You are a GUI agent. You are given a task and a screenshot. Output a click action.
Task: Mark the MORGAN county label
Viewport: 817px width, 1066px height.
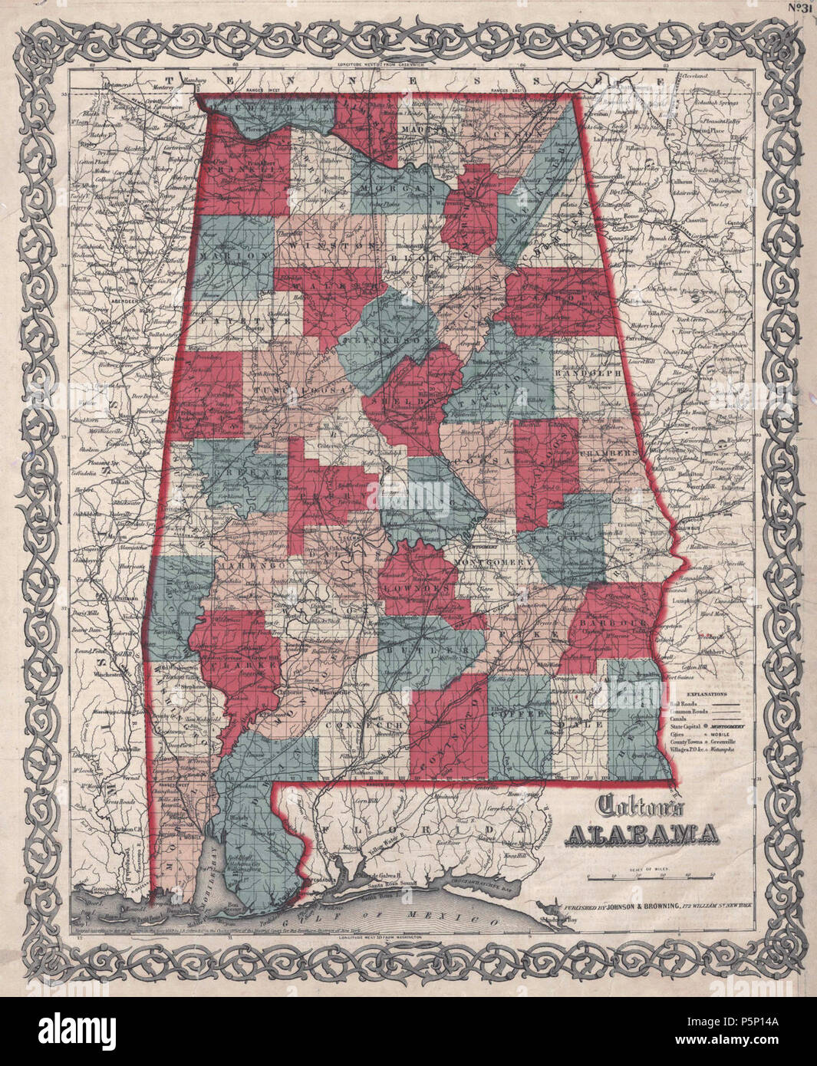pos(397,189)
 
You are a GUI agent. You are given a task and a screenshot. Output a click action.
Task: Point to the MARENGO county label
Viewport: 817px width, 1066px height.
pos(244,564)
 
